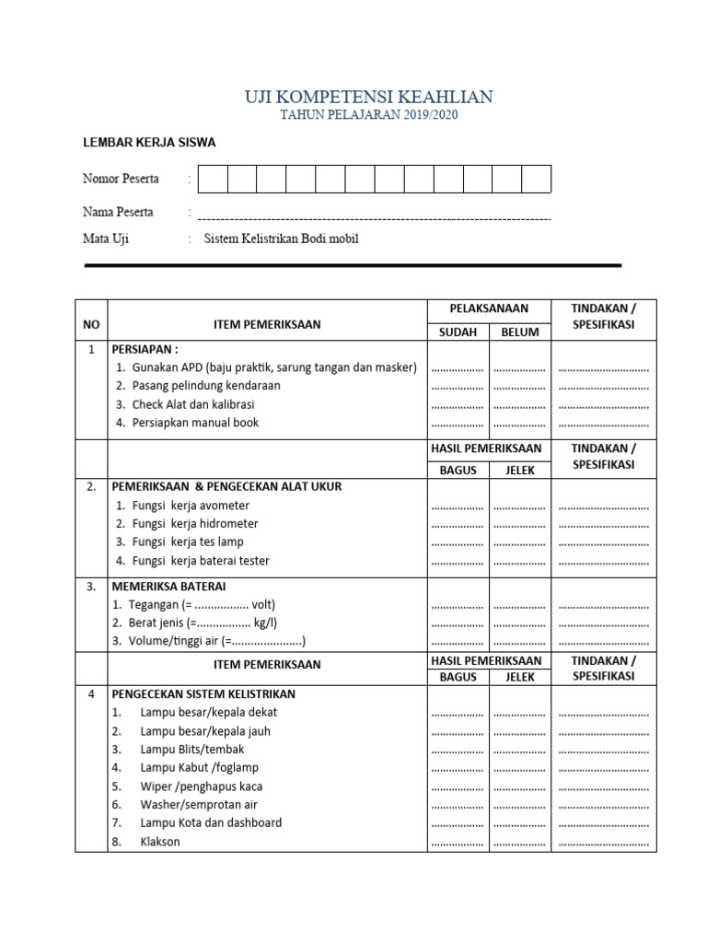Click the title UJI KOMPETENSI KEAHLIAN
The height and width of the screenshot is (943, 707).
(x=368, y=97)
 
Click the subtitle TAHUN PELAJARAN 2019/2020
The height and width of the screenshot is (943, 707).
(x=368, y=115)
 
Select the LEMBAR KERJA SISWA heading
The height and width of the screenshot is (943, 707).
(x=149, y=143)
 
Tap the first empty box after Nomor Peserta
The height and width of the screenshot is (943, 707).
(x=213, y=179)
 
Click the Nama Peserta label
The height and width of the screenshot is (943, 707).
(x=118, y=212)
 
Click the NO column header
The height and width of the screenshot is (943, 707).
(x=91, y=324)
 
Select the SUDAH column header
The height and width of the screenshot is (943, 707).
(x=458, y=332)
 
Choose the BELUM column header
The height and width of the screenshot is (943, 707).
(x=519, y=332)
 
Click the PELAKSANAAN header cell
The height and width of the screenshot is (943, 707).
(x=488, y=309)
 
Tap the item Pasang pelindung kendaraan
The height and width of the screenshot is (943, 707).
(x=206, y=386)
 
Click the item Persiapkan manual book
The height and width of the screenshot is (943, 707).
(x=195, y=423)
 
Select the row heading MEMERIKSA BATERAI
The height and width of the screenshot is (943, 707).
(x=168, y=586)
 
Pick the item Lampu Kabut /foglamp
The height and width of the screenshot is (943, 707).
(x=199, y=767)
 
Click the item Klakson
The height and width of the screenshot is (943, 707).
(x=160, y=842)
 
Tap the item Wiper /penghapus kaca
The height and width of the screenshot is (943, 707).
(x=201, y=786)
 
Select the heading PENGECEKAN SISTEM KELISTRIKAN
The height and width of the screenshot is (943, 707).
(x=203, y=693)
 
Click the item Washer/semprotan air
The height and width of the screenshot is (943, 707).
(x=199, y=804)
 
